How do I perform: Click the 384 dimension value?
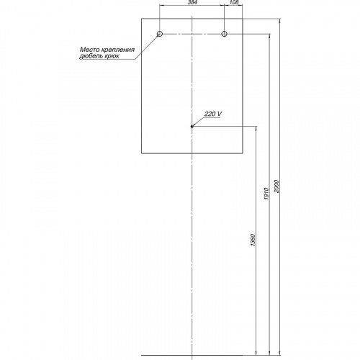pos(192,2)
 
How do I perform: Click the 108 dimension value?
pos(234,2)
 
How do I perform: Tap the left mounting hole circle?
pos(160,34)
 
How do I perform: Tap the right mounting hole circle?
pos(224,34)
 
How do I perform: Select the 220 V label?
pos(213,114)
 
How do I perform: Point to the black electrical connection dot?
pos(192,127)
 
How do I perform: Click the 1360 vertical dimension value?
pos(253,240)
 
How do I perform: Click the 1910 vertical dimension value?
pos(266,194)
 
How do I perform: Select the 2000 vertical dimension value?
pos(276,186)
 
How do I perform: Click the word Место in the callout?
pos(90,50)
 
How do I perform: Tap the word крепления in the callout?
pos(118,50)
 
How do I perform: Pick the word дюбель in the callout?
pos(91,56)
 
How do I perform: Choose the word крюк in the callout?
pos(112,57)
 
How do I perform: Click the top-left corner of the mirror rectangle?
pos(142,19)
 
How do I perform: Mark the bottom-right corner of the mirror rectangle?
pos(243,153)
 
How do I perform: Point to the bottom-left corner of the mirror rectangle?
pos(142,153)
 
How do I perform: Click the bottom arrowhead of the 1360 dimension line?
pos(256,352)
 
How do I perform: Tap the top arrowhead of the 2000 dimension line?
pos(280,21)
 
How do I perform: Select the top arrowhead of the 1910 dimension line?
pos(269,37)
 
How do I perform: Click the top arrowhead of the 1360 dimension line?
pos(256,129)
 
